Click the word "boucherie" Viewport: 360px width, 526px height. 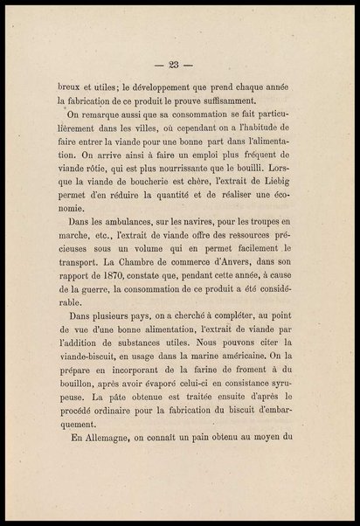(x=142, y=173)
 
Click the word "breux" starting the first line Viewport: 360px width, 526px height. (x=60, y=87)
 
